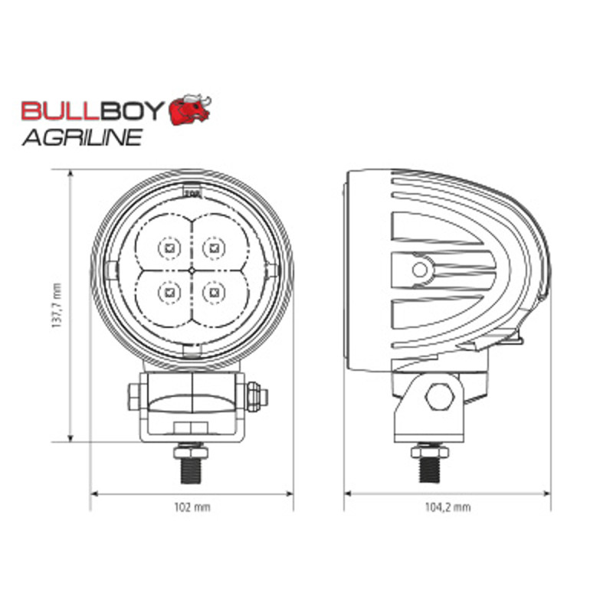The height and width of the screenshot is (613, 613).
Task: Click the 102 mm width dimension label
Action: coord(192,507)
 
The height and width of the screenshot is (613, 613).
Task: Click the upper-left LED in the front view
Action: coord(169,247)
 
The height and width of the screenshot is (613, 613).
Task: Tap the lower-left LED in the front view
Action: coord(169,293)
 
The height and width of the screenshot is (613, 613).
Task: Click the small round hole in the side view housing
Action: coord(419,270)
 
